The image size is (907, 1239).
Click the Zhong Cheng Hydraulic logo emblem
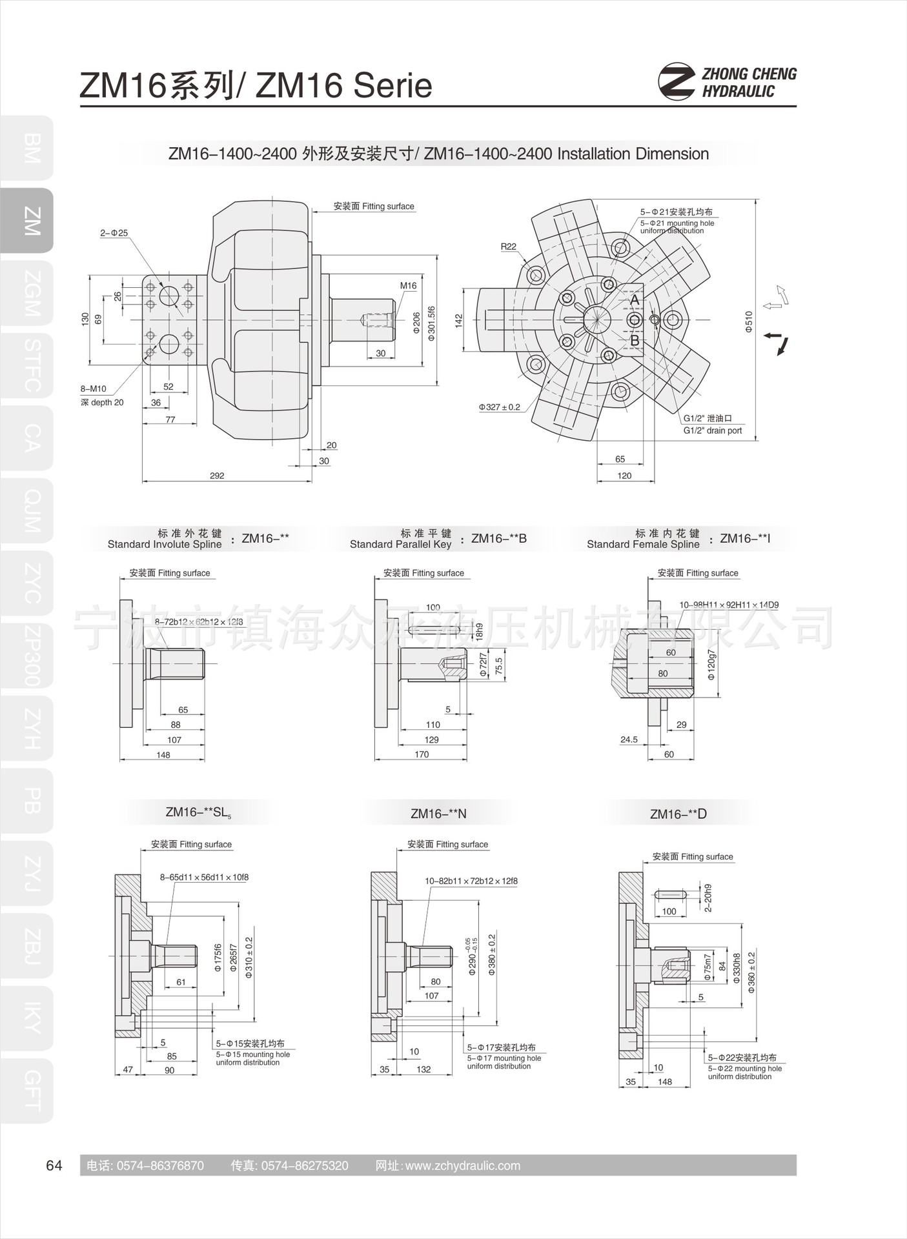point(676,82)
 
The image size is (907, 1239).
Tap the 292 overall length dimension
point(217,476)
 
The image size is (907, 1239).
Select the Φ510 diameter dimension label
point(749,321)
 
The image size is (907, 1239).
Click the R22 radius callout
point(509,247)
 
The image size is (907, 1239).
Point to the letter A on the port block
point(635,301)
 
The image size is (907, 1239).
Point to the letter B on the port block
point(635,340)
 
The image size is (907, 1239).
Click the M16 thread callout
point(408,286)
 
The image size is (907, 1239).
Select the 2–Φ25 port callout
point(114,233)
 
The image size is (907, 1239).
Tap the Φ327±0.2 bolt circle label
point(499,407)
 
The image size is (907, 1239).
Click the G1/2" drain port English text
point(713,430)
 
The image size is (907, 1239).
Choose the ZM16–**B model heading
point(499,538)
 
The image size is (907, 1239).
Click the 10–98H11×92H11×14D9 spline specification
point(729,605)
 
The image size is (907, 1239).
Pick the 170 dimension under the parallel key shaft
point(422,754)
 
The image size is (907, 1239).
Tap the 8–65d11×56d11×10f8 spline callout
point(204,878)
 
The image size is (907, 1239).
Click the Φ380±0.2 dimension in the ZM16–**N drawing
point(492,954)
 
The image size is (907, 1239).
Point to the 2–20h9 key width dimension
point(708,898)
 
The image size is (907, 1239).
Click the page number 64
point(54,1165)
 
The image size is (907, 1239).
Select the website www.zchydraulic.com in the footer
point(462,1165)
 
